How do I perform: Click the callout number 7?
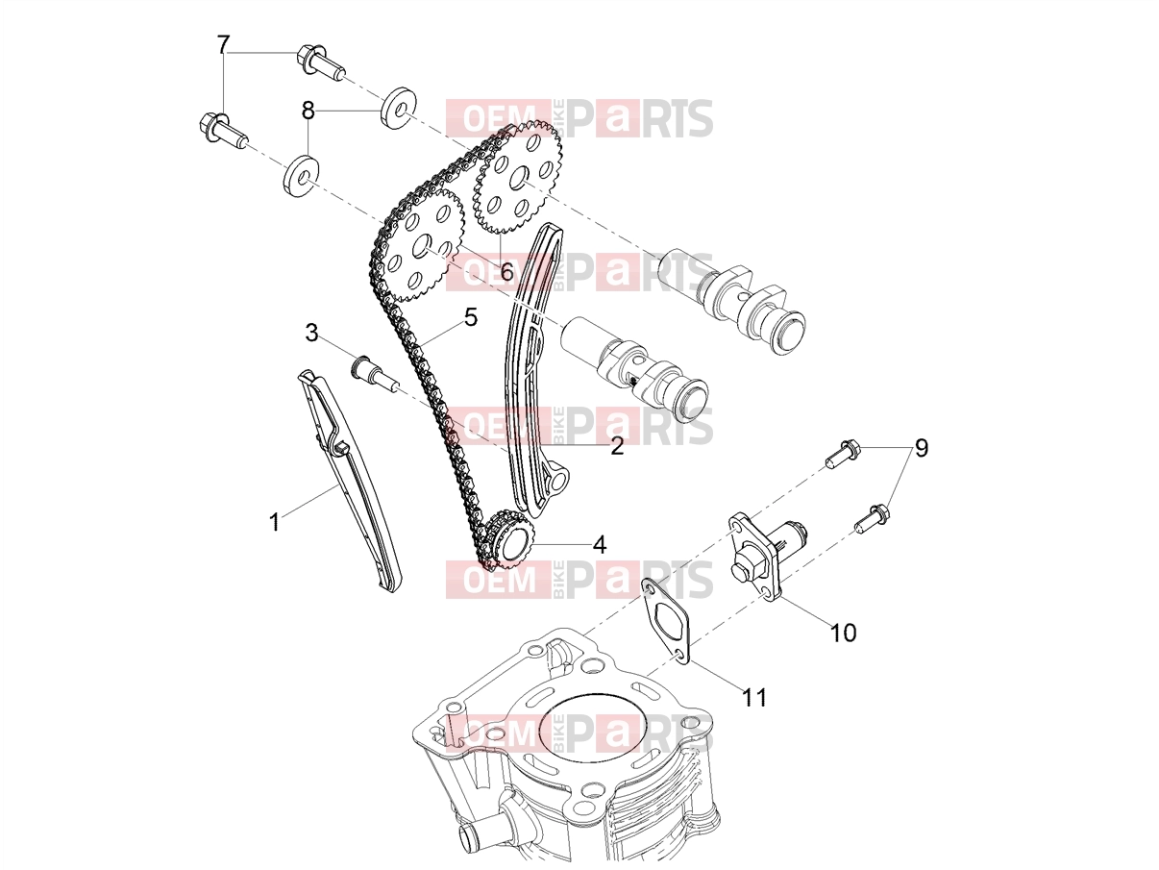(224, 45)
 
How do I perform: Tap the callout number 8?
(308, 111)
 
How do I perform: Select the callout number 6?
(506, 273)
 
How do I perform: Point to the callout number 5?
(471, 317)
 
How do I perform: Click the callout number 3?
(311, 334)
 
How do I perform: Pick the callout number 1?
(274, 522)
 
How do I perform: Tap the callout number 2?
(617, 447)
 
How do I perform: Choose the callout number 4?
(600, 545)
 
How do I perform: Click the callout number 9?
(921, 449)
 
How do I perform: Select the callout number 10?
(843, 633)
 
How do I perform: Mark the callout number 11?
(754, 698)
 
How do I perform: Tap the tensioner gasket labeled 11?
(666, 622)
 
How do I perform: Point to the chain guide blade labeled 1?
(350, 481)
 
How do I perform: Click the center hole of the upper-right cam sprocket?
(520, 177)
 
